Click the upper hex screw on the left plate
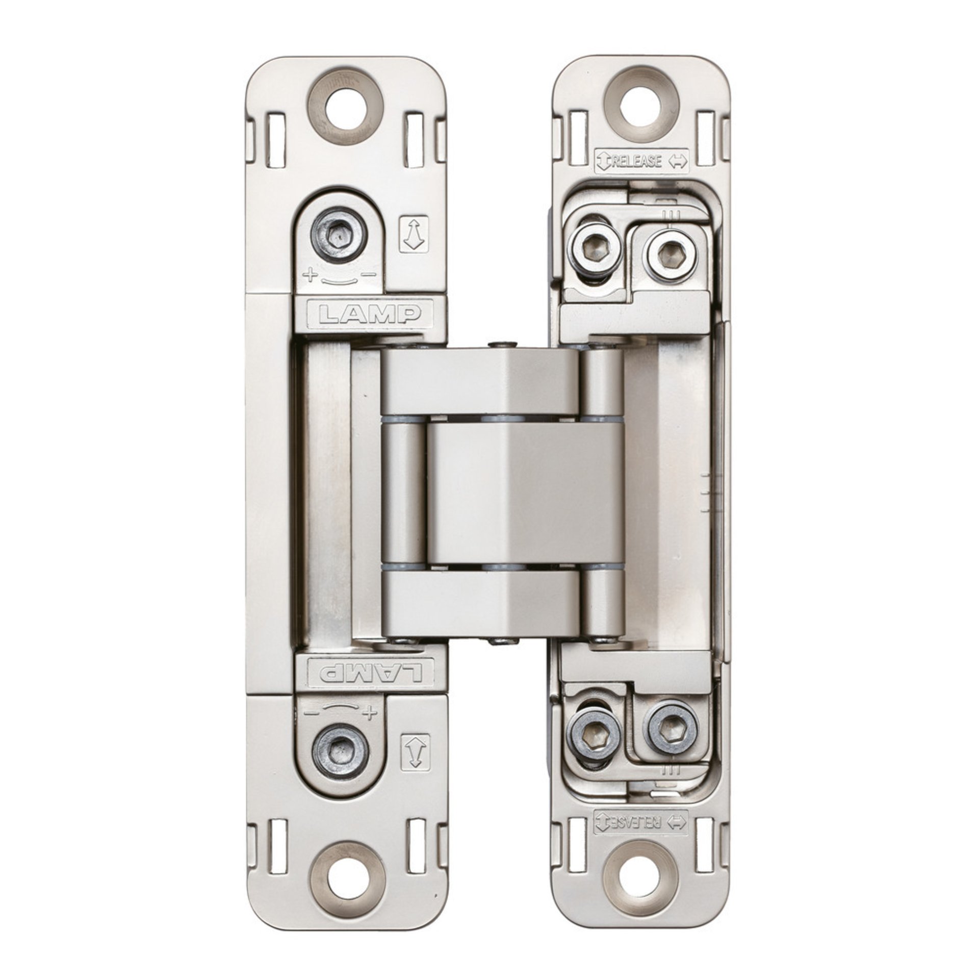pos(338,237)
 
